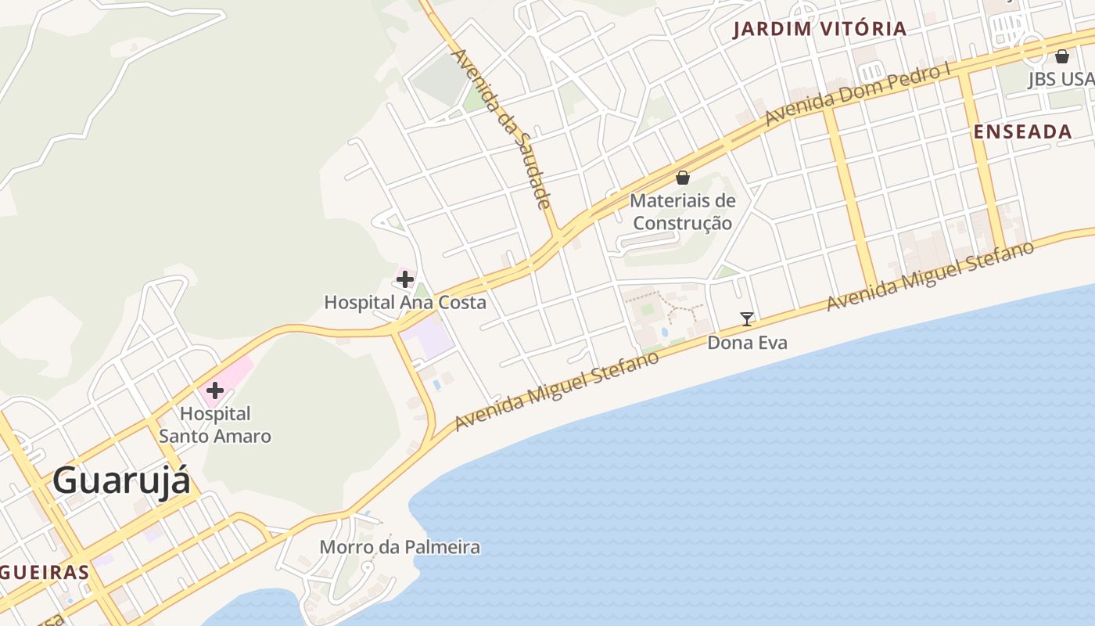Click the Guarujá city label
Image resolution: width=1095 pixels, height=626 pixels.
coord(121,480)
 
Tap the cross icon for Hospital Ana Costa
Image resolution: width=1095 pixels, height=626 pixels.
coord(405,279)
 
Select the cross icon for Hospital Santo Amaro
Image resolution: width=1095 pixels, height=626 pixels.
coord(214,390)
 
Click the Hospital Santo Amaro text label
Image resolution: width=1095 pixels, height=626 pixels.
coord(215,425)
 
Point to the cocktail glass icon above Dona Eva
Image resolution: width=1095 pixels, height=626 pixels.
coord(747,318)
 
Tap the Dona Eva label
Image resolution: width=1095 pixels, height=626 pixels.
coord(747,343)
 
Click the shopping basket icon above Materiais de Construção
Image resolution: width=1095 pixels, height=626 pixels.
coord(683,178)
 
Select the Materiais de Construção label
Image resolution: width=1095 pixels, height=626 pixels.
coord(683,212)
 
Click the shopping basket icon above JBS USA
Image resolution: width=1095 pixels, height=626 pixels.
coord(1061,56)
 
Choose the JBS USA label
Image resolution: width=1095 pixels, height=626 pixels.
coord(1061,79)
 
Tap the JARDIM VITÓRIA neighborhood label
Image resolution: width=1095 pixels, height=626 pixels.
coord(820,30)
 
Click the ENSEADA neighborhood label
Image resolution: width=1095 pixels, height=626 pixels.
coord(1022,132)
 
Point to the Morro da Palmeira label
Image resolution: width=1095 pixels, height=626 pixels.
coord(400,547)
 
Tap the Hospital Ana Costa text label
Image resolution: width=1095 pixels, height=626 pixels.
coord(405,302)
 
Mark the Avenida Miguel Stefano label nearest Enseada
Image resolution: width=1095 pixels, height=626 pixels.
coord(931,275)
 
